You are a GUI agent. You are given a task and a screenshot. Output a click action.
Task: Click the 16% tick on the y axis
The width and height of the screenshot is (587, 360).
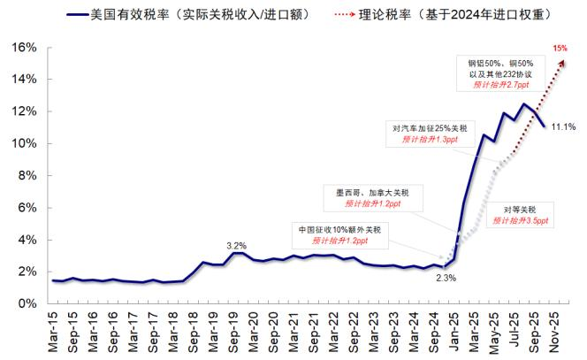[24, 46]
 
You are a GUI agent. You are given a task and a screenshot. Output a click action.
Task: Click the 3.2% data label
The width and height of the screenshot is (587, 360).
[236, 245]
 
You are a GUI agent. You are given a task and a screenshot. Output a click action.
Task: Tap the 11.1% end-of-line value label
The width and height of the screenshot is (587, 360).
[563, 127]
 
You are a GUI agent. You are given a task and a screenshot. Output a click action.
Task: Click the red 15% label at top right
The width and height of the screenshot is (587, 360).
[560, 48]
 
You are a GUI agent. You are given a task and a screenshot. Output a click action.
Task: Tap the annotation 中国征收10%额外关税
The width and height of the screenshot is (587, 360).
[339, 230]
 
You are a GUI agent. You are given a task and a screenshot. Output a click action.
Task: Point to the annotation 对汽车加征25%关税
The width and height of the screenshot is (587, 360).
[436, 128]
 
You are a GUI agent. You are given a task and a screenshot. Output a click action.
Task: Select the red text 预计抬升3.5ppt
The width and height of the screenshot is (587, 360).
[521, 219]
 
